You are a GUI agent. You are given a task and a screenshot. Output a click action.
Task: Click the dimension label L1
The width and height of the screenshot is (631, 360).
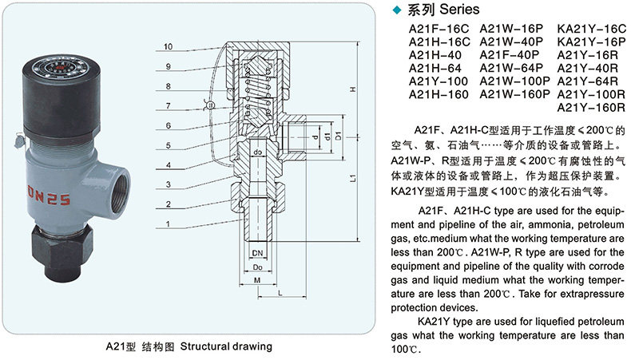point(352,182)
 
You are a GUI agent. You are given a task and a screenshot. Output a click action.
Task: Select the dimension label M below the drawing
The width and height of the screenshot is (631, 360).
point(258,281)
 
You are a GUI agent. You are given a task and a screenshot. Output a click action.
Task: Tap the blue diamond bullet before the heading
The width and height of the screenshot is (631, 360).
point(400,10)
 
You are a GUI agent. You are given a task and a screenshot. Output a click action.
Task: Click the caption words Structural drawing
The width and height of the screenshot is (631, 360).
point(226,346)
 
